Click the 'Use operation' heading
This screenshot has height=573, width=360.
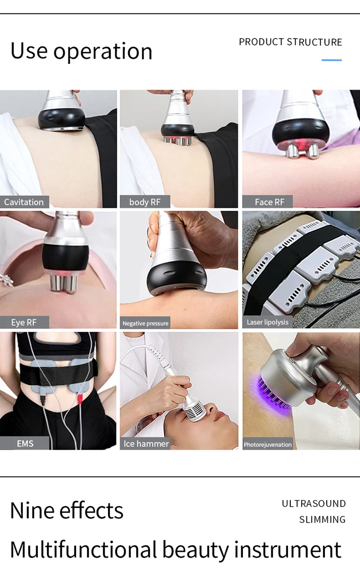(x=81, y=51)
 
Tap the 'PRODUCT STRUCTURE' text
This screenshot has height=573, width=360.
(x=290, y=42)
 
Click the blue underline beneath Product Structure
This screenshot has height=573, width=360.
(x=332, y=60)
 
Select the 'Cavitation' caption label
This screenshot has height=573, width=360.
(x=24, y=202)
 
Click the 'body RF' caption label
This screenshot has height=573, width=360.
(x=144, y=202)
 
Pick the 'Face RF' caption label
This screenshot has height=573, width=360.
(x=269, y=202)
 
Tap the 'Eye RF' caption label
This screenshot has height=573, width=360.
(x=24, y=322)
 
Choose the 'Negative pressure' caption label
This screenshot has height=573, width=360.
(x=145, y=323)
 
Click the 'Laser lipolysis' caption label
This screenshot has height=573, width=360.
(x=267, y=322)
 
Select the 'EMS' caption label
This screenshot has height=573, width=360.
(x=25, y=444)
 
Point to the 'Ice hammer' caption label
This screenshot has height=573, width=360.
(x=146, y=444)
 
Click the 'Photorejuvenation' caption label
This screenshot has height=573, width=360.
(x=268, y=445)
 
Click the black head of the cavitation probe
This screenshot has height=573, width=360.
(x=61, y=117)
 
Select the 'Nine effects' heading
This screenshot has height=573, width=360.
(x=67, y=510)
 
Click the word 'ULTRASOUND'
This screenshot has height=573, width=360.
(x=314, y=504)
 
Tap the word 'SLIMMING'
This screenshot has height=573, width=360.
(x=322, y=519)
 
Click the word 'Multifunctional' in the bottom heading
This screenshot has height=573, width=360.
(x=83, y=550)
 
